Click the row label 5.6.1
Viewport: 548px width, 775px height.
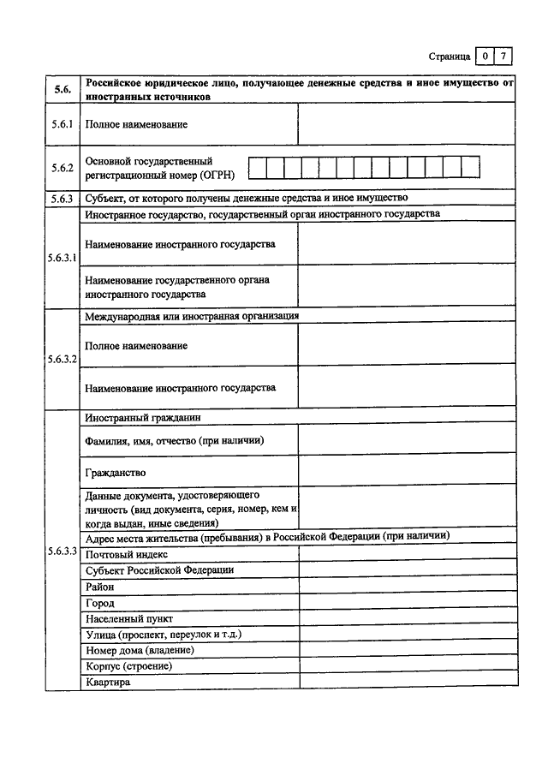pos(63,125)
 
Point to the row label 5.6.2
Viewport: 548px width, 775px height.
pos(63,168)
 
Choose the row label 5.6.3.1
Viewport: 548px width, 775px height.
pos(63,258)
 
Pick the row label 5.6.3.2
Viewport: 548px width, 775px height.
pos(63,359)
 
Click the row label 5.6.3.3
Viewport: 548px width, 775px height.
pos(63,550)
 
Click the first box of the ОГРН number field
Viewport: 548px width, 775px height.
pos(257,166)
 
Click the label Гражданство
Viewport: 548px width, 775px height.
pos(116,472)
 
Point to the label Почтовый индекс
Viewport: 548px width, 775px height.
pos(126,554)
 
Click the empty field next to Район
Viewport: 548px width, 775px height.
pos(408,587)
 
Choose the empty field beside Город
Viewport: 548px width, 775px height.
pos(408,603)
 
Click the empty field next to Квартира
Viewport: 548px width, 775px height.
pos(408,683)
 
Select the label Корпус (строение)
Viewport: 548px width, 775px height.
pos(129,666)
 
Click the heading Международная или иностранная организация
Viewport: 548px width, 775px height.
pos(192,315)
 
